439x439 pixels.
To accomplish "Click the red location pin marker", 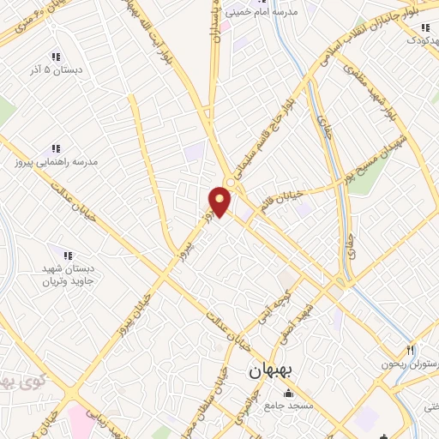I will [220, 201].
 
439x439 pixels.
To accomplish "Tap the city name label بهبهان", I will [271, 371].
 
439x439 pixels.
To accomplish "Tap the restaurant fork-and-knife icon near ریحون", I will [411, 350].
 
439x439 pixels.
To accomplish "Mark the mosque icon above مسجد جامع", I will [271, 392].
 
